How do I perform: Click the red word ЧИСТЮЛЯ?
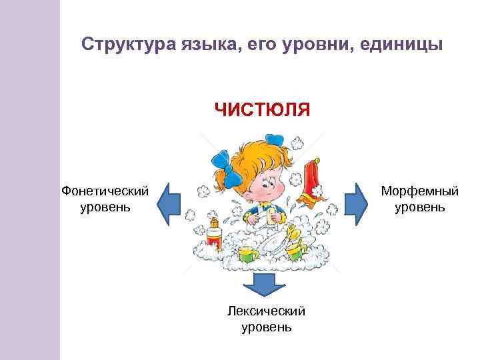pyautogui.click(x=262, y=109)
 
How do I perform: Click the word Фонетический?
pyautogui.click(x=105, y=191)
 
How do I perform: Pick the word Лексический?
pyautogui.click(x=266, y=311)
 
